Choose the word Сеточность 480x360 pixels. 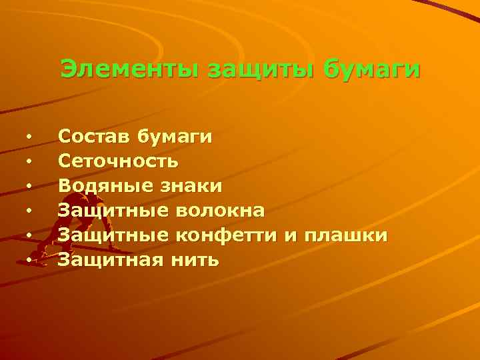[x=118, y=161]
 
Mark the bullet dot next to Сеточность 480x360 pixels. [x=29, y=161]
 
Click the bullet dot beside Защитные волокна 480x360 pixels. [x=29, y=211]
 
